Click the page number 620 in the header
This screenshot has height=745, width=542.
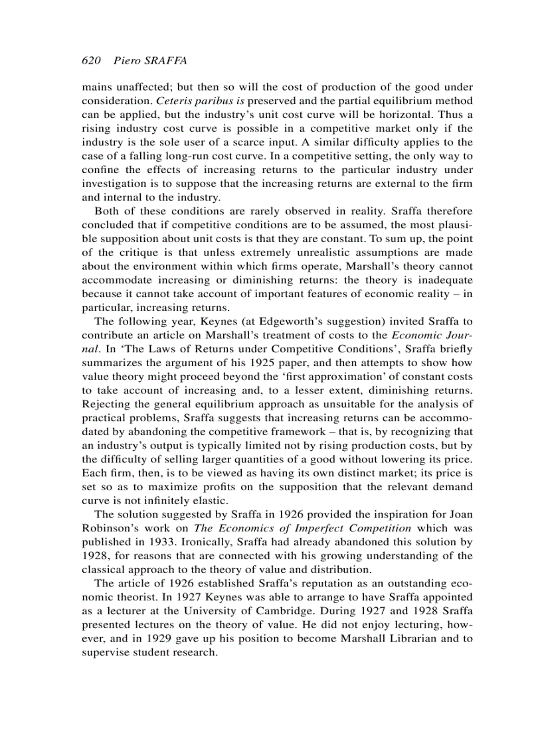[90, 61]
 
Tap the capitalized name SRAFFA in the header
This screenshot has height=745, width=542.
[165, 61]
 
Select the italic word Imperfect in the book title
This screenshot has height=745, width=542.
[306, 528]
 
